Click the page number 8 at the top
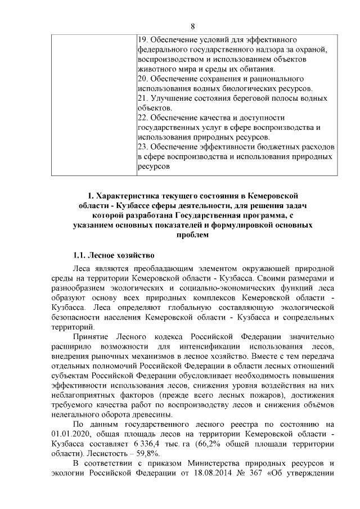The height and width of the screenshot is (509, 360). [192, 26]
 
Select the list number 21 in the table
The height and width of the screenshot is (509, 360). [142, 98]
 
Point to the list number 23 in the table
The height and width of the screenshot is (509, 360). [142, 147]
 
